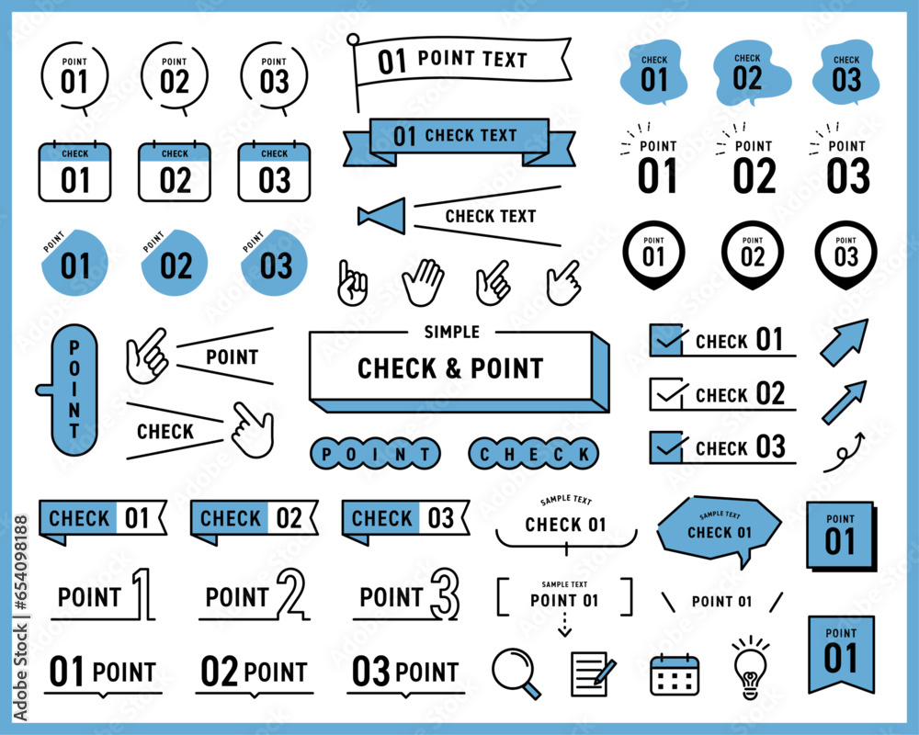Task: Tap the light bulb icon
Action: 750,668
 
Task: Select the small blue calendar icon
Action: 675,674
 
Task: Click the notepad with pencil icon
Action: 592,674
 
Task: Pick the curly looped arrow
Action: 844,453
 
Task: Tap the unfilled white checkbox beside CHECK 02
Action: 666,394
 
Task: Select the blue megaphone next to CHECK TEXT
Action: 382,216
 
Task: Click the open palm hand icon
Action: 423,282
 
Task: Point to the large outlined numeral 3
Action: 446,594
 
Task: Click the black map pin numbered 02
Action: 753,255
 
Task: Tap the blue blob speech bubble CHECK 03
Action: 846,73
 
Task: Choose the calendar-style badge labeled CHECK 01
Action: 75,171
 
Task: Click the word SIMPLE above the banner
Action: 452,333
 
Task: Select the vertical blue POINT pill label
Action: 73,390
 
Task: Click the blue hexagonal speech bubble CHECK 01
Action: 720,529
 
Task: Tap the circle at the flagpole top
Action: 353,40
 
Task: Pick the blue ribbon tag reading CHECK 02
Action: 254,520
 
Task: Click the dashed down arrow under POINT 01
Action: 564,624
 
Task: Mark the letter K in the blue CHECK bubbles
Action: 584,454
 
